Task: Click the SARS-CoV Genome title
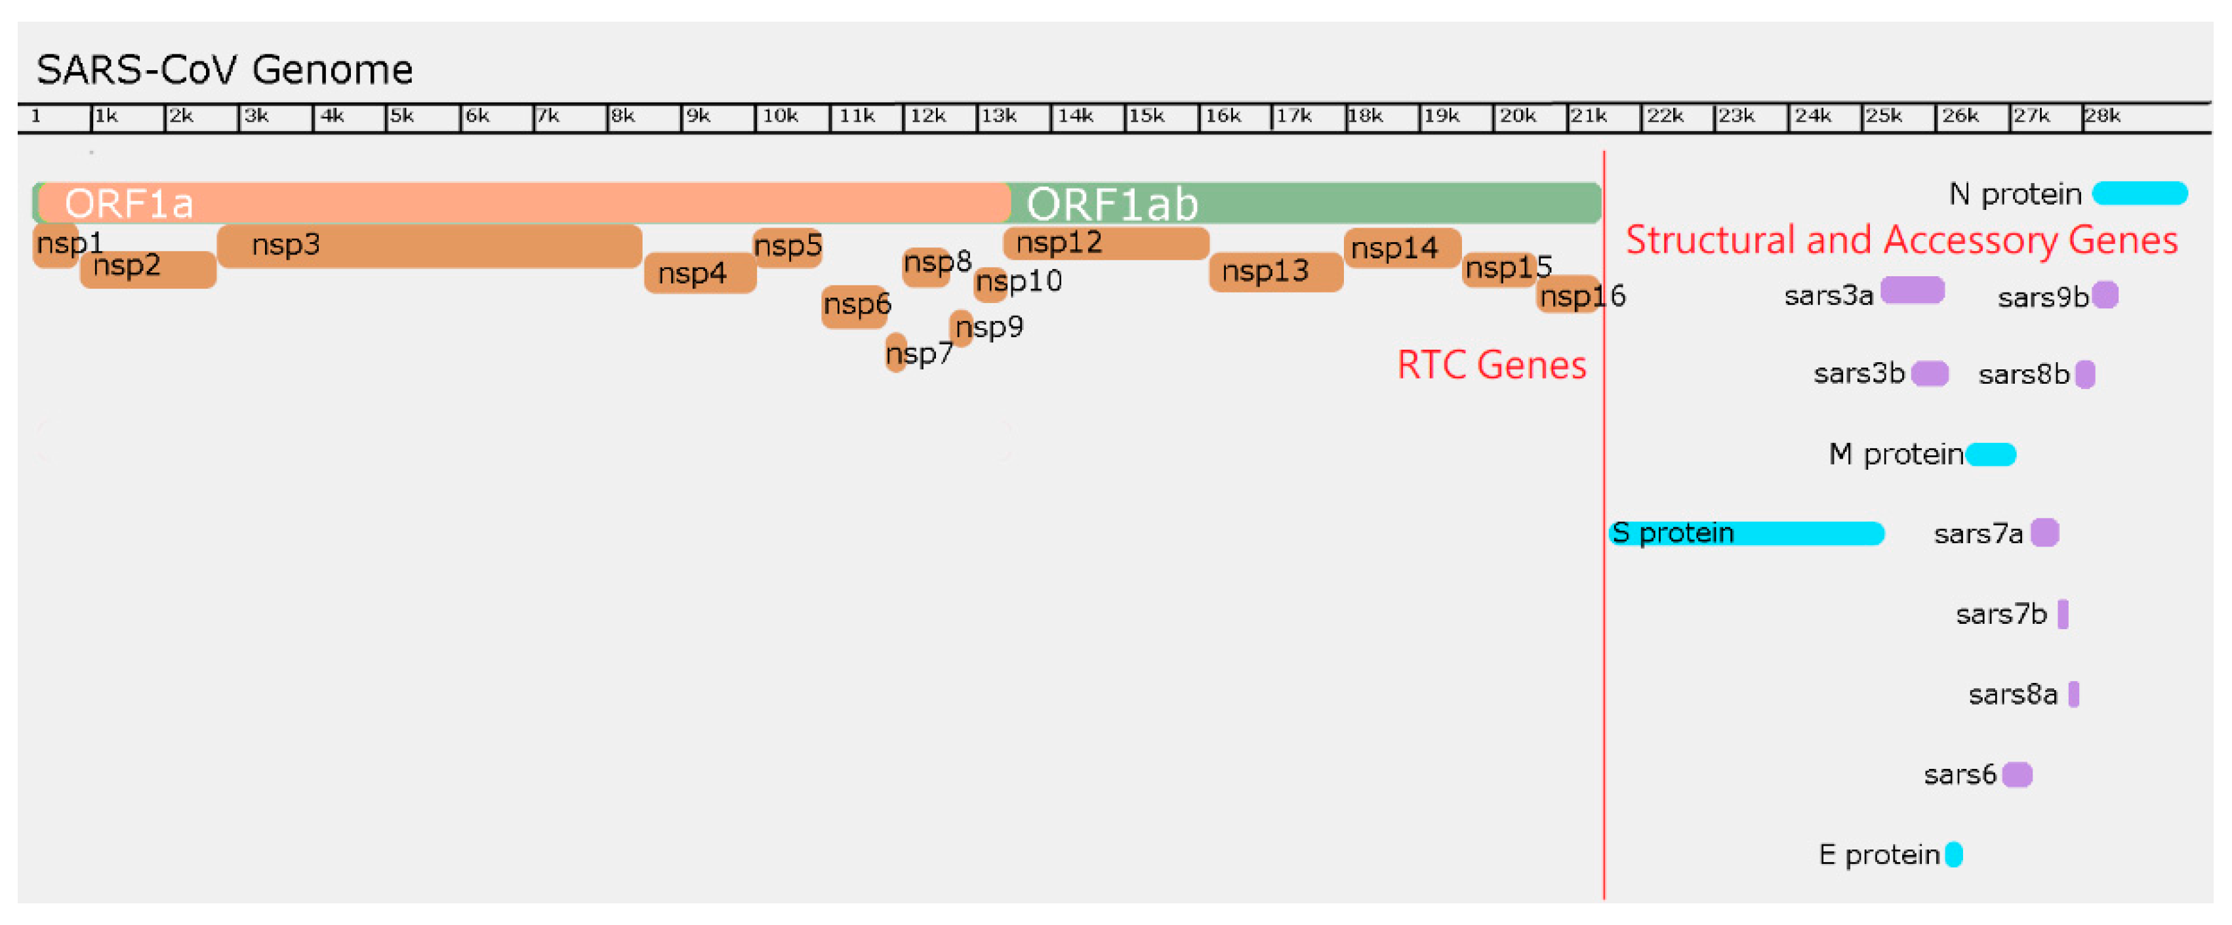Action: click(224, 70)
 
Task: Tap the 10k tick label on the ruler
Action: click(780, 116)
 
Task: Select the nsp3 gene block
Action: click(429, 245)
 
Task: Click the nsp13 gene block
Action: click(1276, 272)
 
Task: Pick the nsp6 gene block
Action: click(855, 306)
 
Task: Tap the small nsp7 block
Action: click(896, 353)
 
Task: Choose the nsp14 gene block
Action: click(1402, 248)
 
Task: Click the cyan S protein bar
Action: click(1746, 533)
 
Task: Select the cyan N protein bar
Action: click(2140, 194)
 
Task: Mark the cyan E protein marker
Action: click(1954, 855)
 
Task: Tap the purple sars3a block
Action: click(1913, 291)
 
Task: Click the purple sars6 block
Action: click(2017, 774)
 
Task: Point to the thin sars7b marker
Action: click(2063, 614)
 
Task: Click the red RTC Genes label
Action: click(1491, 365)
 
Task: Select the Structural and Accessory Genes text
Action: click(1901, 240)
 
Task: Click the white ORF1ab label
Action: click(1112, 205)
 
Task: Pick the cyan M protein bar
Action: click(1990, 454)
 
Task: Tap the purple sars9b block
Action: click(2105, 296)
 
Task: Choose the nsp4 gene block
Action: click(700, 273)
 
